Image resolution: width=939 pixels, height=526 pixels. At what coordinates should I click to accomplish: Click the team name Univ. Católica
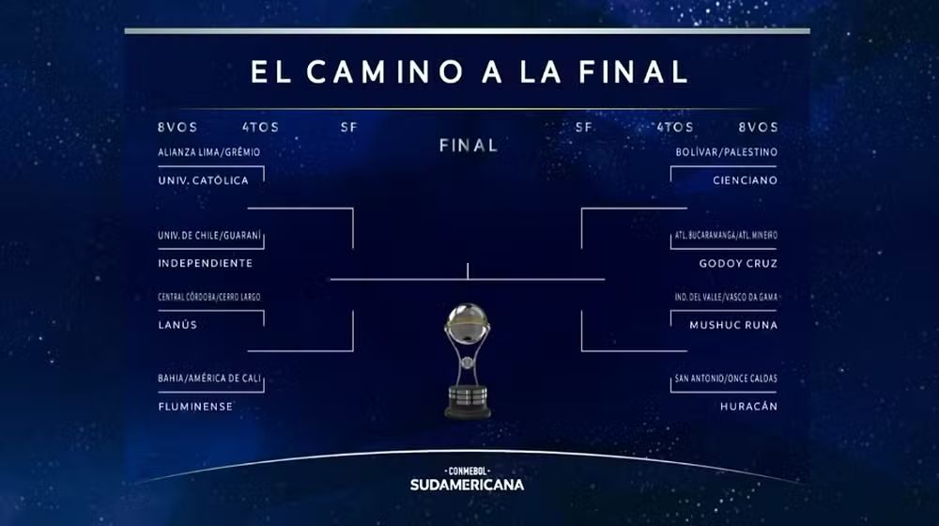[x=203, y=180]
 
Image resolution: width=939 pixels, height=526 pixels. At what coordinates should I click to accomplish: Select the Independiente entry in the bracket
[x=206, y=263]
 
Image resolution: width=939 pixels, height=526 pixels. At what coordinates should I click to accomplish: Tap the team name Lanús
[x=177, y=325]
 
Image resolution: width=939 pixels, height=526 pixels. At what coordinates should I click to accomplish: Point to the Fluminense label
[x=195, y=406]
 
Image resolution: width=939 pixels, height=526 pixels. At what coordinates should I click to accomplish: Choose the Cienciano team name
[x=745, y=180]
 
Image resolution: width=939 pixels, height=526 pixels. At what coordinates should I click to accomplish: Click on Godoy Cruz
[x=738, y=263]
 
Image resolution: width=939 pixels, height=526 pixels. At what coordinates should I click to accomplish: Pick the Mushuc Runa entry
[x=733, y=325]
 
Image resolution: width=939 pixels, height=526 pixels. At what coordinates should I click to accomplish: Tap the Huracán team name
[x=748, y=406]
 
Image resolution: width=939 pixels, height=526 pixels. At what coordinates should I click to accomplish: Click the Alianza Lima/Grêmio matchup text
[x=209, y=152]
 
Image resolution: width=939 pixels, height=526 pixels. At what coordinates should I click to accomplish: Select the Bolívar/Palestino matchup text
[x=727, y=152]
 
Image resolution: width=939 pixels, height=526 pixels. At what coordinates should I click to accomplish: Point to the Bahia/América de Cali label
[x=209, y=379]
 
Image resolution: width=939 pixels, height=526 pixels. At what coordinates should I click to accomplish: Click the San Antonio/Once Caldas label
[x=726, y=379]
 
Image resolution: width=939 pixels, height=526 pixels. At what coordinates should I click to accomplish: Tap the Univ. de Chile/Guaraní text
[x=209, y=236]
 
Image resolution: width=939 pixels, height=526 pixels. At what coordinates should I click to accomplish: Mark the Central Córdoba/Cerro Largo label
[x=209, y=297]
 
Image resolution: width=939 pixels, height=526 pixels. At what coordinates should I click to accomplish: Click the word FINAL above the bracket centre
[x=469, y=146]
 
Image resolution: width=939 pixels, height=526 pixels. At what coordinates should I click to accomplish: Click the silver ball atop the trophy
[x=467, y=322]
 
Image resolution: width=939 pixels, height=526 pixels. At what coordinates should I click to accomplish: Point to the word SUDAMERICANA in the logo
[x=467, y=485]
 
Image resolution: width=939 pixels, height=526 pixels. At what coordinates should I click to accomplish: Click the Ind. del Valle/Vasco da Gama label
[x=726, y=297]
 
